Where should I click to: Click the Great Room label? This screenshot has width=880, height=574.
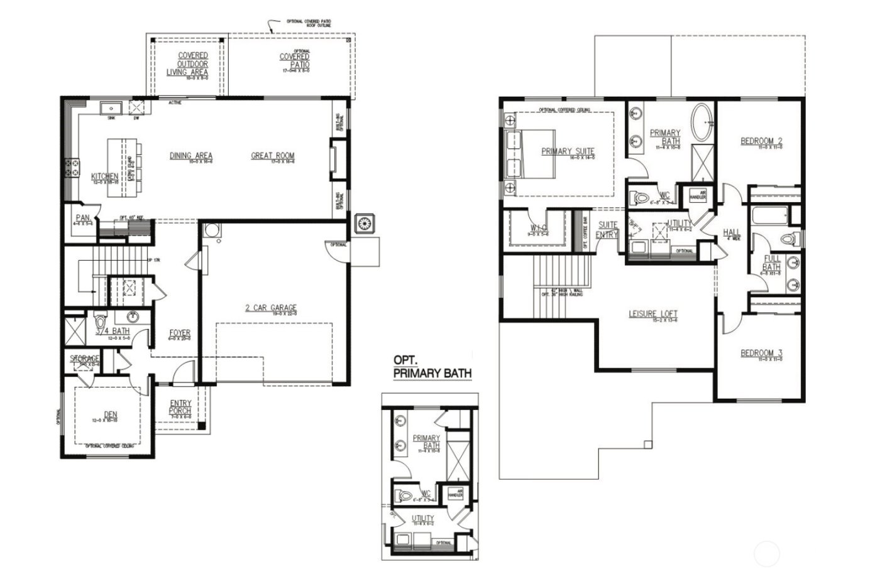pos(273,156)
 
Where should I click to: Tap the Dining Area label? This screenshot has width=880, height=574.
pos(191,156)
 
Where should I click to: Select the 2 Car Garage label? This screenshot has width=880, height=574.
pos(271,308)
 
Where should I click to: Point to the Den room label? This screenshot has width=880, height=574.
pos(110,415)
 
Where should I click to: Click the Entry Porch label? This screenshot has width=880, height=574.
pos(180,408)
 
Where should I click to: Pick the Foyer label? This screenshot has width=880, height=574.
pos(180,333)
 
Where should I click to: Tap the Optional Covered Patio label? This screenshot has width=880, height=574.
pos(294,59)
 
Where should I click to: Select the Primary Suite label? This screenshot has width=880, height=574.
pos(568,151)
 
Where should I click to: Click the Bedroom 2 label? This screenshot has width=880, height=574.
pos(761,141)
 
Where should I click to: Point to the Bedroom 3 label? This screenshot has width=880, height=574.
pos(761,354)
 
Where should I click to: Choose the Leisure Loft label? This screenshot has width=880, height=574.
pos(653,314)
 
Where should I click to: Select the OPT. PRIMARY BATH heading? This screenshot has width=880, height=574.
pos(432,367)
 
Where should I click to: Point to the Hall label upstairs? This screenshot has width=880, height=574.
pos(731,233)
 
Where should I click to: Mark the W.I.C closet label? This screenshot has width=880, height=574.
pos(538,227)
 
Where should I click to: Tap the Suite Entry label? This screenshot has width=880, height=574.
pos(608,229)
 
